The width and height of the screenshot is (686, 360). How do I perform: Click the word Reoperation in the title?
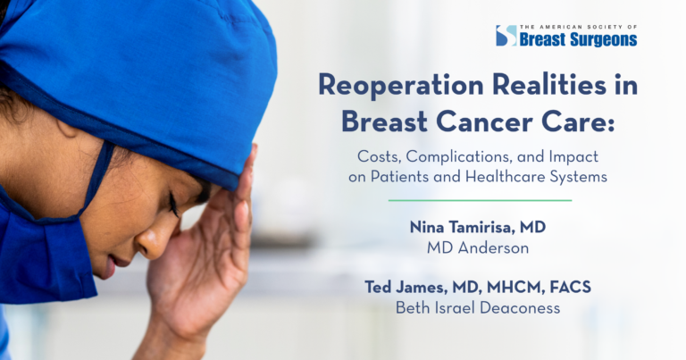click(x=401, y=86)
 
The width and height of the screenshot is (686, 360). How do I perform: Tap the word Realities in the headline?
click(x=549, y=85)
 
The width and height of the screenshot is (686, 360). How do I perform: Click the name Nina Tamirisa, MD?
click(x=478, y=227)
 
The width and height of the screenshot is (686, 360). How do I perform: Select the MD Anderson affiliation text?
click(x=478, y=248)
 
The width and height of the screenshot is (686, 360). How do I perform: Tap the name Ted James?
click(x=406, y=288)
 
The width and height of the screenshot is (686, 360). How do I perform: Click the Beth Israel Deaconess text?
click(x=478, y=308)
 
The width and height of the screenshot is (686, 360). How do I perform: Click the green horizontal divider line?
click(x=480, y=200)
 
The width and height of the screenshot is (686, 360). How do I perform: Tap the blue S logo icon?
click(x=506, y=36)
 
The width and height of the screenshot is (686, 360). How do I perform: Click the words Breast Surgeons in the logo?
click(x=579, y=39)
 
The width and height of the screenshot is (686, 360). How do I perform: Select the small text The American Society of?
click(x=579, y=27)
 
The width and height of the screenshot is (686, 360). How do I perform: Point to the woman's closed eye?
click(x=175, y=205)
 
